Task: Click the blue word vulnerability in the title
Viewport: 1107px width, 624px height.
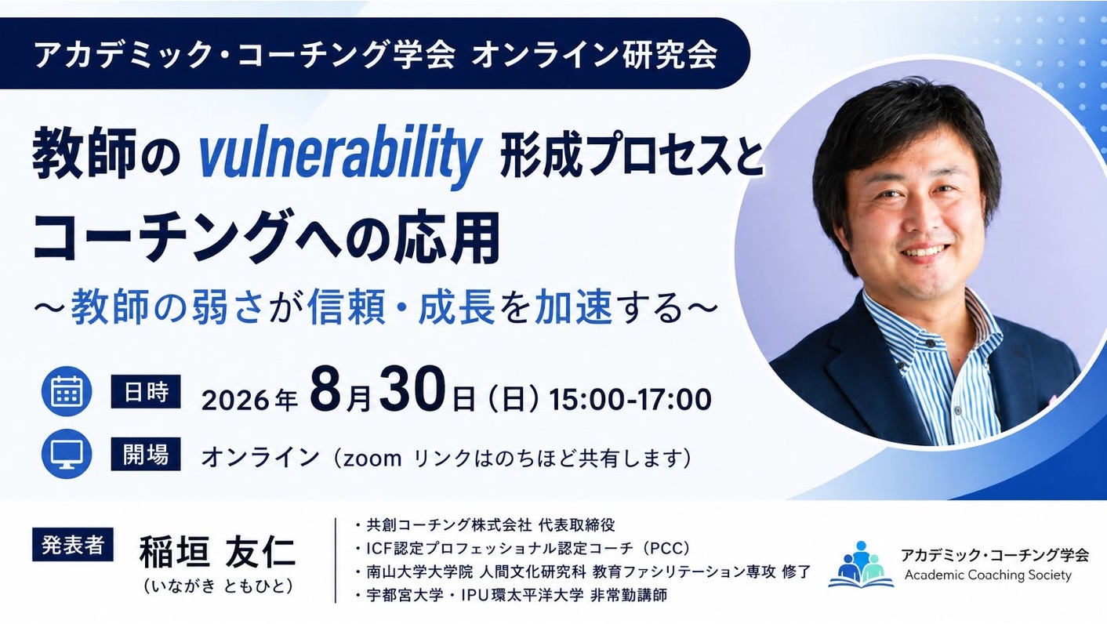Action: point(339,157)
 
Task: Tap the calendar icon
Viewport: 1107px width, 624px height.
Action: point(67,391)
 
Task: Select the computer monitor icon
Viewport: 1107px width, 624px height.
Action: point(67,454)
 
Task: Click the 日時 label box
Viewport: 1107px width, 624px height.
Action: point(146,392)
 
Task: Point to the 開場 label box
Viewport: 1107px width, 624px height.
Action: point(146,454)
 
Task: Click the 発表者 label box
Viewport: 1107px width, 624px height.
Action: point(73,545)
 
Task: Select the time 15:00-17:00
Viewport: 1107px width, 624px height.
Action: point(630,400)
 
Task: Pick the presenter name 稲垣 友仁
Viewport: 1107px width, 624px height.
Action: point(217,552)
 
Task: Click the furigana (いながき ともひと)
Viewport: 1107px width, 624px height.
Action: point(217,586)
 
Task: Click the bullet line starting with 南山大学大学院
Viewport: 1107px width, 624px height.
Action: point(583,572)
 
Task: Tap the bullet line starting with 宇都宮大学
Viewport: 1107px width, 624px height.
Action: point(511,595)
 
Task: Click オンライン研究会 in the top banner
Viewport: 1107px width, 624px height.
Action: point(594,54)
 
